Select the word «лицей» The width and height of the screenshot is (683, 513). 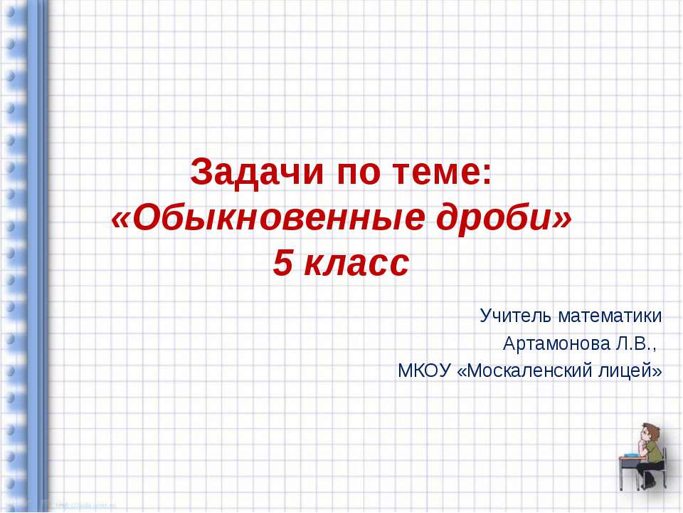[635, 371]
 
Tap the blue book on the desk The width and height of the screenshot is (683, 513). [632, 453]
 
